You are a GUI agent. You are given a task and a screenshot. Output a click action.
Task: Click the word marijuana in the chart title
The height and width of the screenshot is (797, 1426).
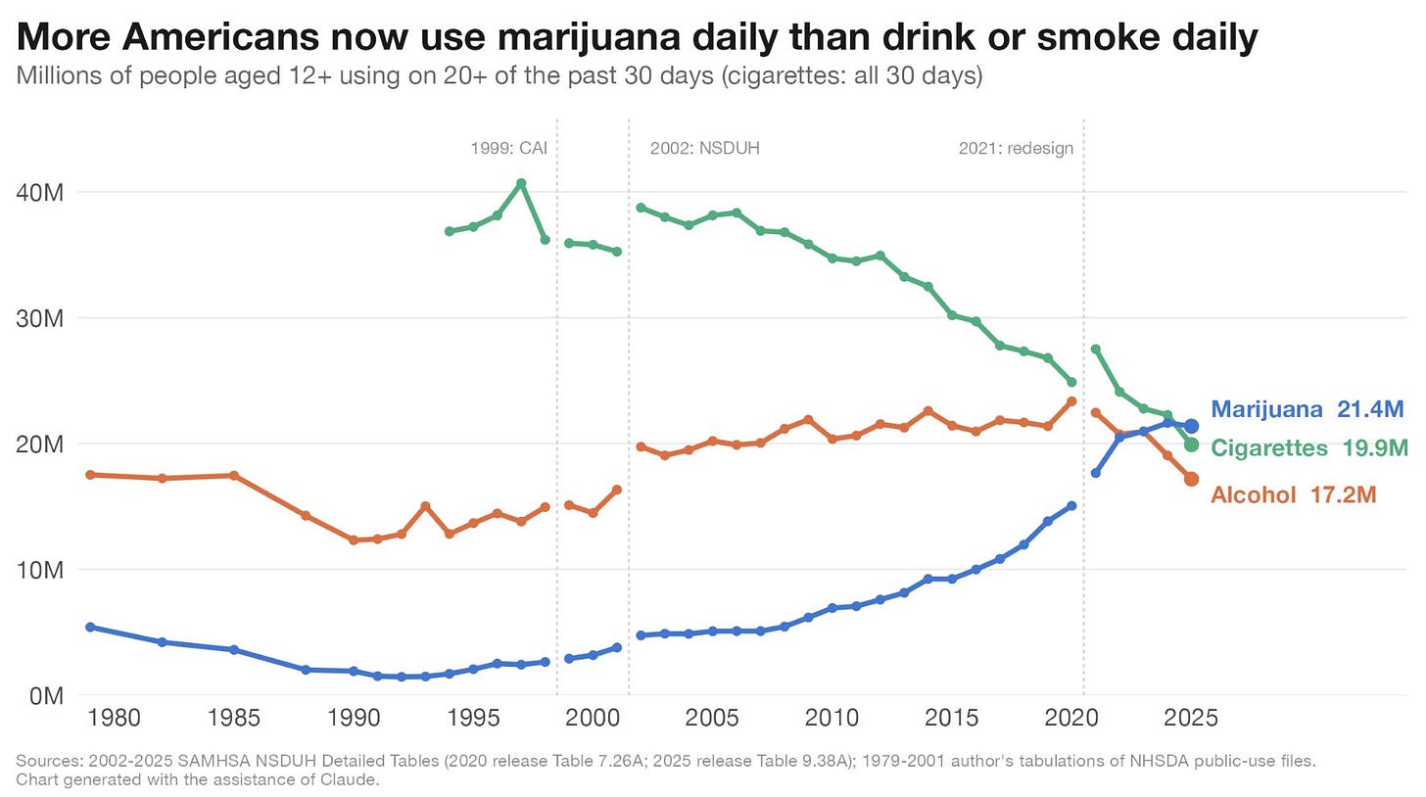click(x=589, y=38)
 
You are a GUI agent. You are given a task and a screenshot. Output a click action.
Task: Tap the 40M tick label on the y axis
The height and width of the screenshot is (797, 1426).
click(x=39, y=192)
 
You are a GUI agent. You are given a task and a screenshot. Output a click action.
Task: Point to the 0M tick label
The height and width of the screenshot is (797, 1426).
click(x=46, y=696)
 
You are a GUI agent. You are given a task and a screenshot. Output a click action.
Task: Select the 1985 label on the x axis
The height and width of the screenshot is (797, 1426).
click(x=234, y=718)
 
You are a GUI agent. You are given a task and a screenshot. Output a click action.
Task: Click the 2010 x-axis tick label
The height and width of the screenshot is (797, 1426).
click(x=832, y=718)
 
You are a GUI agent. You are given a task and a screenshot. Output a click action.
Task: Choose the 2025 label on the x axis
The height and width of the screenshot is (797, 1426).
click(x=1191, y=718)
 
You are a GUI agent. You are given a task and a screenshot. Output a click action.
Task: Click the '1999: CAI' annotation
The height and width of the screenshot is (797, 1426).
click(x=508, y=148)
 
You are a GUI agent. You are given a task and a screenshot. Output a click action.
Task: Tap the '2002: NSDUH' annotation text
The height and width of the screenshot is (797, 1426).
click(x=705, y=148)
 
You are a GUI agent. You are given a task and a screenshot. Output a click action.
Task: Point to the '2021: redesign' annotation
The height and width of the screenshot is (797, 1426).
click(x=1016, y=148)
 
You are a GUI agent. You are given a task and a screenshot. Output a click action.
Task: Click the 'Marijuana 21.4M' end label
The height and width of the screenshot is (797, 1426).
click(x=1307, y=408)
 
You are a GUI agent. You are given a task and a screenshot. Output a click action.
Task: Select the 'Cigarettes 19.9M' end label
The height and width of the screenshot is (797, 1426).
click(x=1308, y=448)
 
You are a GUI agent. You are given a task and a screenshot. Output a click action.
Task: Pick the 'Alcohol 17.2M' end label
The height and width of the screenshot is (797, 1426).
click(x=1293, y=494)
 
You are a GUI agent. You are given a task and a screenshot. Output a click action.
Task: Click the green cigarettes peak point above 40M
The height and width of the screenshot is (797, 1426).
click(x=521, y=183)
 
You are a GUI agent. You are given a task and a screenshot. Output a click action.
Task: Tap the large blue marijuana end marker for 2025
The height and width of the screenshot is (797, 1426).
click(x=1191, y=426)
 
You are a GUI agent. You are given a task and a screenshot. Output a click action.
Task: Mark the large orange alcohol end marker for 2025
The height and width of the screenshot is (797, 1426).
click(x=1191, y=479)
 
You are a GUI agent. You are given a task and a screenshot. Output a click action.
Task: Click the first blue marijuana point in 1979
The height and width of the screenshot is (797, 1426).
click(x=90, y=627)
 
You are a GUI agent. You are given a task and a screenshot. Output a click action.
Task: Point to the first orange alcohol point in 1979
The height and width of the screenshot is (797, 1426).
click(x=90, y=475)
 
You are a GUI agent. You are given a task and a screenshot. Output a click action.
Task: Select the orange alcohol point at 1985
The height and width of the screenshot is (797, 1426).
click(x=234, y=476)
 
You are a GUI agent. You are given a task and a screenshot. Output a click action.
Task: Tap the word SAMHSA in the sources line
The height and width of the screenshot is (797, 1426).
click(x=209, y=761)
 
